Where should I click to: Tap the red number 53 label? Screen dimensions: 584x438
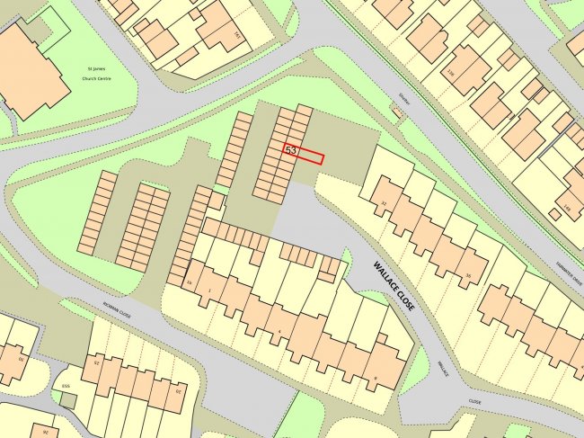[x=291, y=151]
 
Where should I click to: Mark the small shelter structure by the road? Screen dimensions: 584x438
[x=397, y=112]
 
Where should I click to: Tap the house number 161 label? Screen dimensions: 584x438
[x=237, y=35]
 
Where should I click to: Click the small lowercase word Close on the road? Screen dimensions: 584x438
[x=474, y=402]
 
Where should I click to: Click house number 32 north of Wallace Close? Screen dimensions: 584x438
[x=383, y=204]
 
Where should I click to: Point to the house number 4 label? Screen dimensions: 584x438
[x=280, y=332]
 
